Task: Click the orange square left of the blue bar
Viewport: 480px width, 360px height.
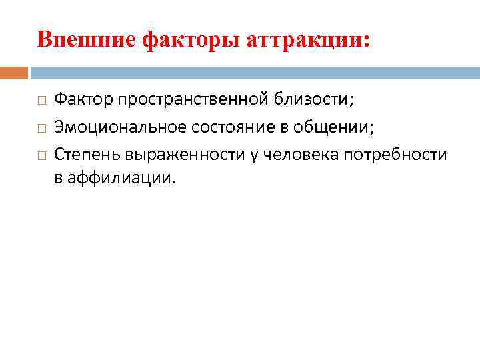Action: [x=14, y=72]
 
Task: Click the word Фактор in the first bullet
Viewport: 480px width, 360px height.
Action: [x=83, y=99]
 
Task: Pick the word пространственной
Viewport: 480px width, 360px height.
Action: [x=193, y=100]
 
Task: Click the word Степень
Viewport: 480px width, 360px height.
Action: [x=85, y=154]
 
